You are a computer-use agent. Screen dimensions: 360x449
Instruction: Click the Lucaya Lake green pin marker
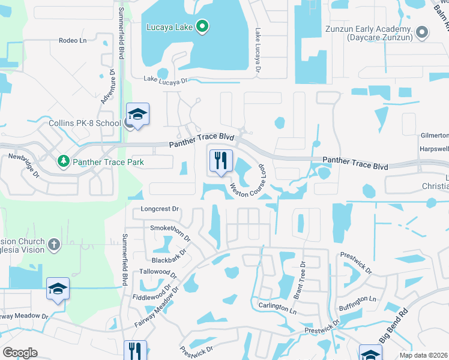pos(202,26)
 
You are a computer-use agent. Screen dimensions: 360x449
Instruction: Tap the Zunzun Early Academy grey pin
pos(423,32)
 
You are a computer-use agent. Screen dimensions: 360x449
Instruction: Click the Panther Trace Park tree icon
pos(64,161)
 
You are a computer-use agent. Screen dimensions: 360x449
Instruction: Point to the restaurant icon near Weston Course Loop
pos(220,160)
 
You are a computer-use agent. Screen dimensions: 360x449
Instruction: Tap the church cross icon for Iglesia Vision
pos(53,244)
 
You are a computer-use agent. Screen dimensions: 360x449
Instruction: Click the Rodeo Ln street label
pos(73,41)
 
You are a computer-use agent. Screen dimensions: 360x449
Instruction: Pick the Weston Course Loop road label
pos(248,182)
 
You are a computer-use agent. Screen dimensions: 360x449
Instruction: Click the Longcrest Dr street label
pos(160,209)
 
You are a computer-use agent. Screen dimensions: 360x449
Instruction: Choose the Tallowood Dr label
pos(157,273)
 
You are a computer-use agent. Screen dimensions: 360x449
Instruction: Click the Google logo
pos(20,353)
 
